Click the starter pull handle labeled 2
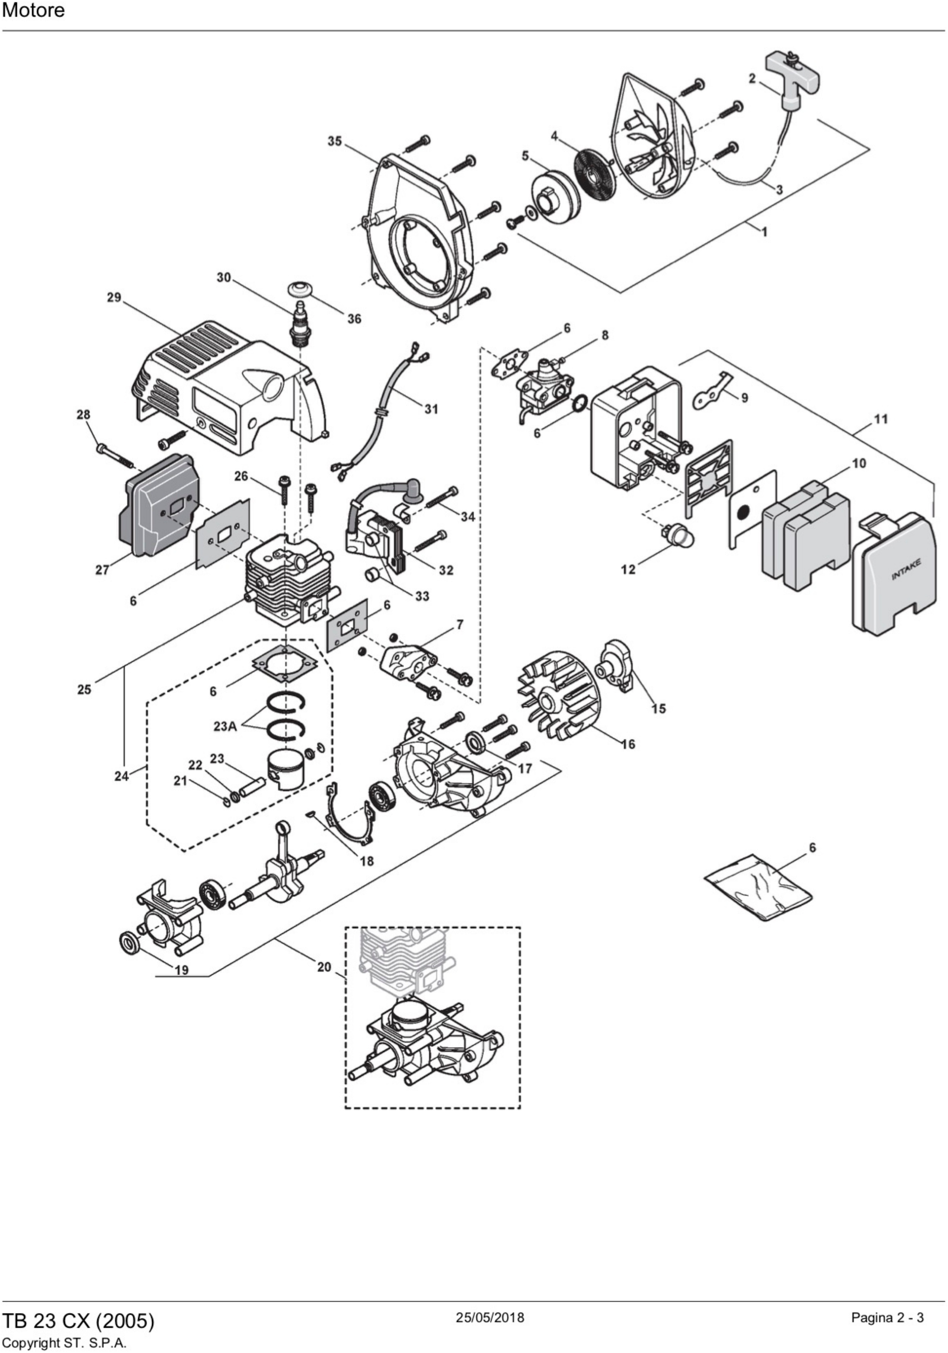792,77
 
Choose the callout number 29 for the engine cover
114,297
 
